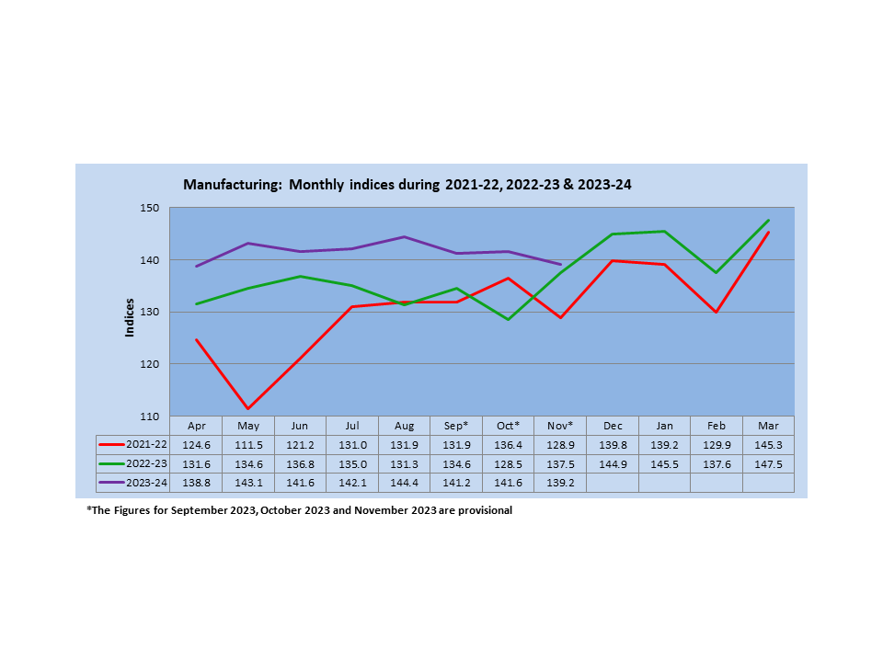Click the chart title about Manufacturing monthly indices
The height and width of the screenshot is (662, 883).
click(407, 185)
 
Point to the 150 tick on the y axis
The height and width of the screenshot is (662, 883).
click(150, 209)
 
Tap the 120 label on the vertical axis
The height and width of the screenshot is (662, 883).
click(150, 365)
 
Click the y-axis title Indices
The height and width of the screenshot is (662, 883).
click(130, 317)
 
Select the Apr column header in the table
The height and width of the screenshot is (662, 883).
click(196, 426)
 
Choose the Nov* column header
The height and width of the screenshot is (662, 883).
click(560, 426)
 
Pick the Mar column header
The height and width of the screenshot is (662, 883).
click(768, 426)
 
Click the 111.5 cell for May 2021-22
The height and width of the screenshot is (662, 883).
click(248, 445)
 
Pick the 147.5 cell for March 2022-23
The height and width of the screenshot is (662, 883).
click(768, 464)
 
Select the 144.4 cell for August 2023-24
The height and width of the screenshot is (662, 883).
click(404, 483)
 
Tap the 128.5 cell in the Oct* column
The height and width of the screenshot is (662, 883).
click(508, 464)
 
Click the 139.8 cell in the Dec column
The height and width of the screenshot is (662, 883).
click(612, 445)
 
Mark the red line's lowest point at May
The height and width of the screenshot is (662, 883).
click(248, 408)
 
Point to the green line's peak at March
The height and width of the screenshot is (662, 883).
click(768, 221)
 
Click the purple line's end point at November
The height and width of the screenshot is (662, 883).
click(560, 264)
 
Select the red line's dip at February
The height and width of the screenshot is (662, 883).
click(716, 313)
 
